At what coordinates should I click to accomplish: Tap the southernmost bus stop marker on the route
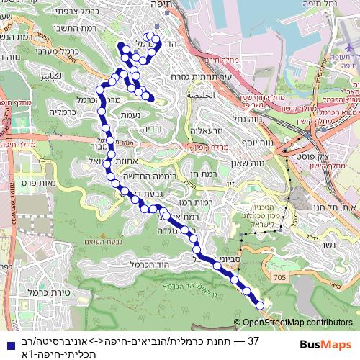click(261, 306)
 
